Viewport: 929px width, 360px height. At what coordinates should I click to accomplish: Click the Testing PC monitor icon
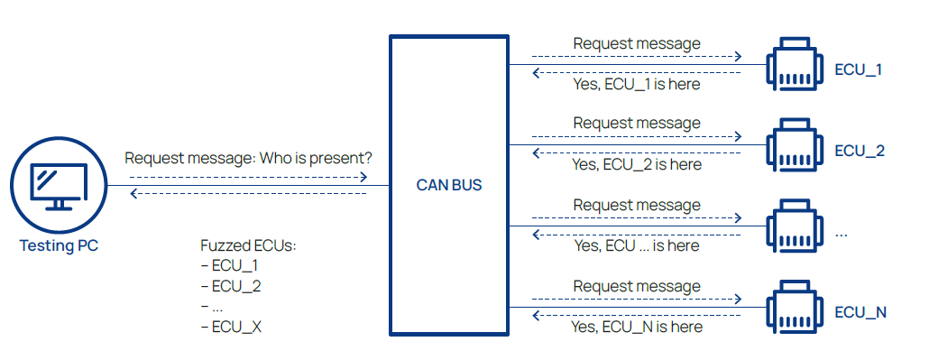pos(59,185)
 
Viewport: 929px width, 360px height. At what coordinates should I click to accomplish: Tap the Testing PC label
pos(59,245)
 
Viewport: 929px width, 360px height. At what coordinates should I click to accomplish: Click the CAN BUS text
pos(449,185)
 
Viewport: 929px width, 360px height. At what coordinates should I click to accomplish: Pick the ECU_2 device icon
pos(795,144)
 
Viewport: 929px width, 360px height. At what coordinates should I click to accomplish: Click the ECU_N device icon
pos(795,307)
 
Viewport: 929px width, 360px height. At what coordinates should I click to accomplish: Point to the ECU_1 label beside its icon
pos(859,70)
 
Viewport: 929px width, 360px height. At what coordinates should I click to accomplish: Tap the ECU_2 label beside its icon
pos(860,152)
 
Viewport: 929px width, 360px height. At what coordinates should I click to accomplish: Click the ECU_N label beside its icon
pos(860,312)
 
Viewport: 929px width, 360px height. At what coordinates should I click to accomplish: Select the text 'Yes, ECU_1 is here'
pos(636,85)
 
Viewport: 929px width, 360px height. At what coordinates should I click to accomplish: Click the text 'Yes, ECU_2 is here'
pos(636,164)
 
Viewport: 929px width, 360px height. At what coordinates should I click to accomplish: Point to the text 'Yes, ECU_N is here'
pos(636,327)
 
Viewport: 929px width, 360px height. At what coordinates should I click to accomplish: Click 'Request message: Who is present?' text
pos(248,159)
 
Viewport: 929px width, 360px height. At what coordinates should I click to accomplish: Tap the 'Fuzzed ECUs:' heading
pos(248,246)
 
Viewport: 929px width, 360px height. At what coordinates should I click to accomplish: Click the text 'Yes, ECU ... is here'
pos(636,245)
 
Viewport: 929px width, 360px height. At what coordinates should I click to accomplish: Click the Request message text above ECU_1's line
pos(637,44)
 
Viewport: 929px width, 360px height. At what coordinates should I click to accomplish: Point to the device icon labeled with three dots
pos(795,226)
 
